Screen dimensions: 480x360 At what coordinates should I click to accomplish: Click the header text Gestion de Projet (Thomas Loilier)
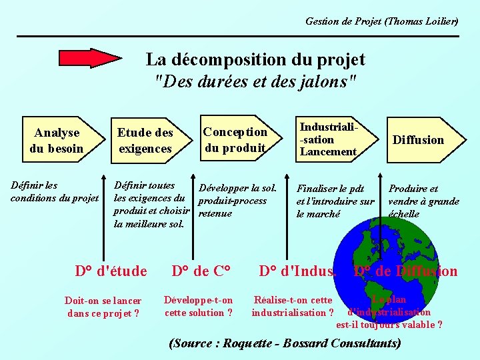coord(381,21)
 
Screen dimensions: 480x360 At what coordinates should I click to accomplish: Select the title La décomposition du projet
coord(255,59)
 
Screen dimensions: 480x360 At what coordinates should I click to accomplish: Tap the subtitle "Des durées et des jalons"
coord(255,82)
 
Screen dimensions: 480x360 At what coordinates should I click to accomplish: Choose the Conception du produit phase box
coord(235,140)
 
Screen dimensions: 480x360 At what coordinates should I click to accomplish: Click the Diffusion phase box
coord(418,139)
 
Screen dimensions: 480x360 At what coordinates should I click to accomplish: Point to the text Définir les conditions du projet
coord(55,191)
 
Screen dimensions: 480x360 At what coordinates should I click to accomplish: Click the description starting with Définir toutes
coord(152,205)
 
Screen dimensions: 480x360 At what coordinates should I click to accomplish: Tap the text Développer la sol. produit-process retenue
coord(237,201)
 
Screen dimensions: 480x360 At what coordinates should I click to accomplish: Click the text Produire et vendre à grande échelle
coord(424,201)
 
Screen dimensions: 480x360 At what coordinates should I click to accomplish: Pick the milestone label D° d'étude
coord(111,271)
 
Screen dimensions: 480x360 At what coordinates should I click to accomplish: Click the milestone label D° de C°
coord(201,271)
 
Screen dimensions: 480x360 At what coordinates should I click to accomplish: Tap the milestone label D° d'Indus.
coord(298,271)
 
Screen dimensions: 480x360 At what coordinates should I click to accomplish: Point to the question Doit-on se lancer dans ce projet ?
coord(103,307)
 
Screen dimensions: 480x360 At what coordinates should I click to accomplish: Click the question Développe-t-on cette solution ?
coord(199,306)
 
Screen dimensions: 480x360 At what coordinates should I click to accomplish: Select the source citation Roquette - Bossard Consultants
coord(286,344)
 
